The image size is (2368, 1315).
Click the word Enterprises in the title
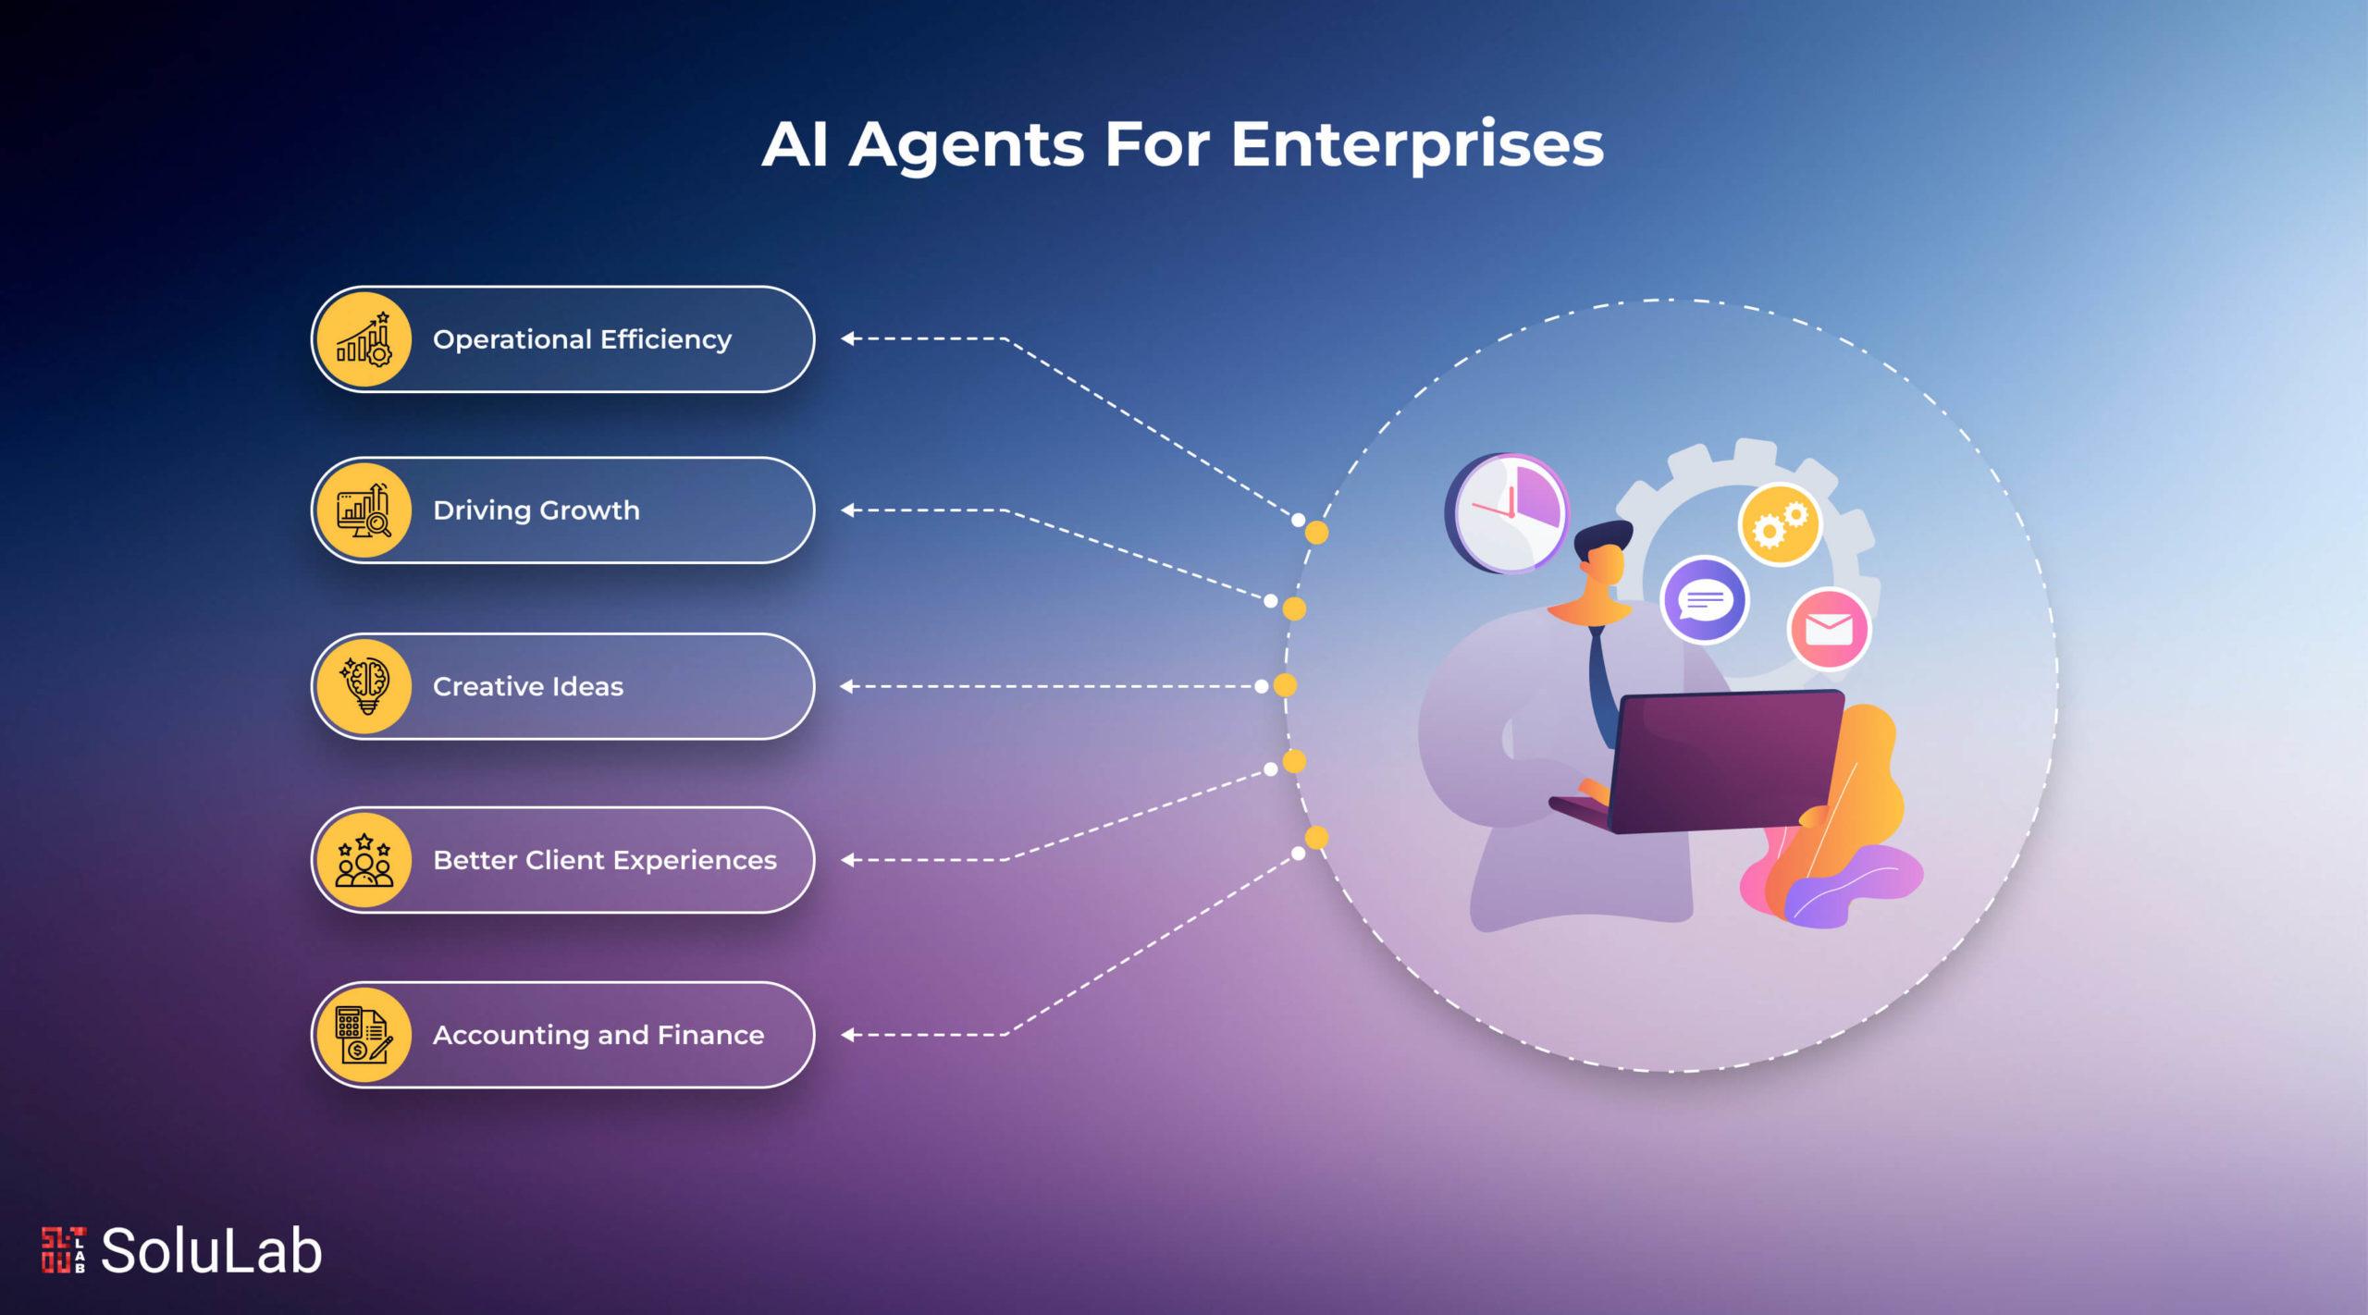coord(1416,146)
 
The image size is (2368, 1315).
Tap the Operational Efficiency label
coord(582,340)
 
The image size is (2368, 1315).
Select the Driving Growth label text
coord(536,510)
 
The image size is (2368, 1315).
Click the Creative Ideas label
coord(527,687)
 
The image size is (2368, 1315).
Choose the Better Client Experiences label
coord(604,861)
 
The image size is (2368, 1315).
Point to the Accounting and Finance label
coord(598,1036)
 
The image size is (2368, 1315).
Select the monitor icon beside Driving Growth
coord(364,510)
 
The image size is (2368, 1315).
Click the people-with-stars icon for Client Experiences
coord(364,861)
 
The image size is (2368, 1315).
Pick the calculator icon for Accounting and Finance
coord(364,1035)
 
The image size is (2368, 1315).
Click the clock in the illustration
coord(1507,513)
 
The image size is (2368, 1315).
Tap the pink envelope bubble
coord(1828,629)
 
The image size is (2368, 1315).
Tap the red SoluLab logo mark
coord(64,1250)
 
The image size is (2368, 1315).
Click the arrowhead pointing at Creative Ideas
coord(845,686)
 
